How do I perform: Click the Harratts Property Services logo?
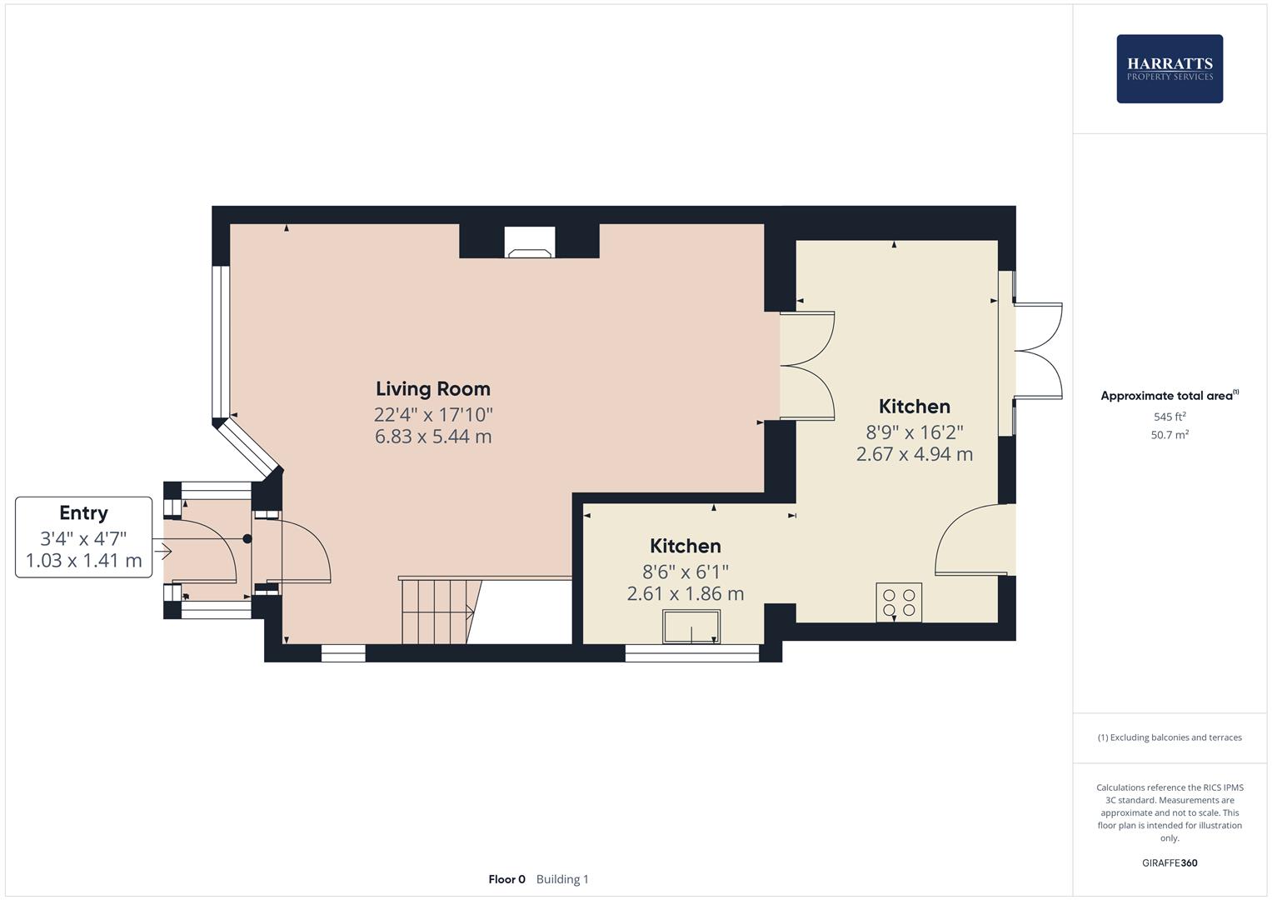(1169, 69)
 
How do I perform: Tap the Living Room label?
(432, 388)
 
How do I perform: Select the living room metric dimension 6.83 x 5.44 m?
(432, 437)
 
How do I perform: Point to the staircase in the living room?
(438, 612)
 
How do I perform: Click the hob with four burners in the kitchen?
(899, 602)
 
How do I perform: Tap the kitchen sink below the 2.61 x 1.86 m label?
(691, 627)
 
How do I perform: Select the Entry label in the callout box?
(83, 513)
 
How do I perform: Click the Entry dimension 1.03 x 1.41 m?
(83, 561)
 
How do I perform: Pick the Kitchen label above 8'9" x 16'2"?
(914, 407)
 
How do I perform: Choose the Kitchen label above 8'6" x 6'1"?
(685, 546)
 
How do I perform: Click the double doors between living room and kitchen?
(806, 366)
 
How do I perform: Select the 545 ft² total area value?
(1169, 417)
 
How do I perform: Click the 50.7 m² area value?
(1169, 435)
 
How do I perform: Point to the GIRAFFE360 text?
(1169, 863)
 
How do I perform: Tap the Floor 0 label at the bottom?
(506, 879)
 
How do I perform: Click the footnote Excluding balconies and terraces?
(1169, 737)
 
